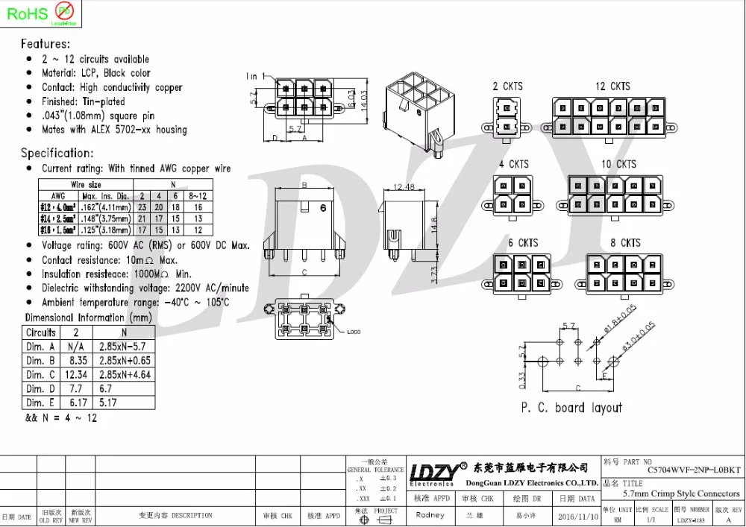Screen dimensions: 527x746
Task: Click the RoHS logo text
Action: pyautogui.click(x=25, y=13)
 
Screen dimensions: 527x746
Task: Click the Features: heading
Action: pyautogui.click(x=46, y=44)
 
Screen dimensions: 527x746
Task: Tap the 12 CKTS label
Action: pyautogui.click(x=612, y=86)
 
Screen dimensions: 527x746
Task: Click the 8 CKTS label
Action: pyautogui.click(x=624, y=243)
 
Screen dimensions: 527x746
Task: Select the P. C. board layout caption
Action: pyautogui.click(x=571, y=408)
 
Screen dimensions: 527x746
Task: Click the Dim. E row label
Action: pyautogui.click(x=40, y=403)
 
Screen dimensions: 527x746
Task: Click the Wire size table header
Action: pyautogui.click(x=86, y=184)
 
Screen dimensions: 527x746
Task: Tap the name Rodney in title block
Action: pyautogui.click(x=430, y=515)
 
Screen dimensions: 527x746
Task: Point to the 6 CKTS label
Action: pyautogui.click(x=523, y=243)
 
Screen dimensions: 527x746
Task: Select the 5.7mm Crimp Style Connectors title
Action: pyautogui.click(x=681, y=493)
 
